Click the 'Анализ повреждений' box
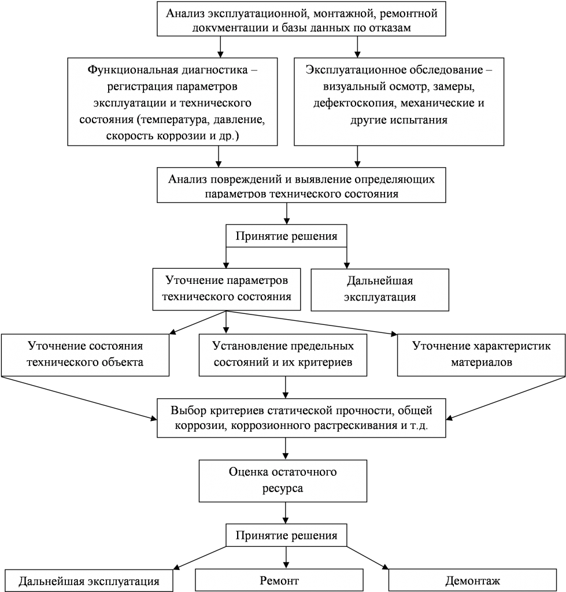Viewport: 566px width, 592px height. [301, 186]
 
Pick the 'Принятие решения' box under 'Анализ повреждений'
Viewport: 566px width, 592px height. [286, 236]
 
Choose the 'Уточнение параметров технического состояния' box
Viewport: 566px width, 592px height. [227, 288]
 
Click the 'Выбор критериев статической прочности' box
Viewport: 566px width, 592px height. [301, 419]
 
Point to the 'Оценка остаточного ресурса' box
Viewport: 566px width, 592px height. [283, 480]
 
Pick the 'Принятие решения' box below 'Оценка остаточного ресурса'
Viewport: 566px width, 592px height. [286, 535]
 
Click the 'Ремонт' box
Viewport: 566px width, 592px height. [279, 580]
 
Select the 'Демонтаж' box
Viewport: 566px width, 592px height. [472, 580]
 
